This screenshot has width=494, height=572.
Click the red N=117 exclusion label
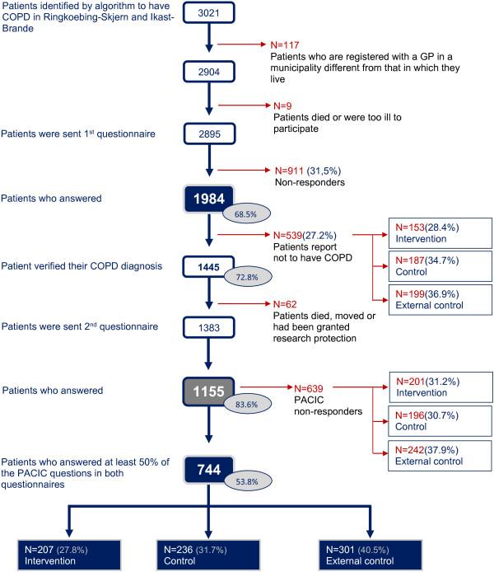[x=287, y=44]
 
